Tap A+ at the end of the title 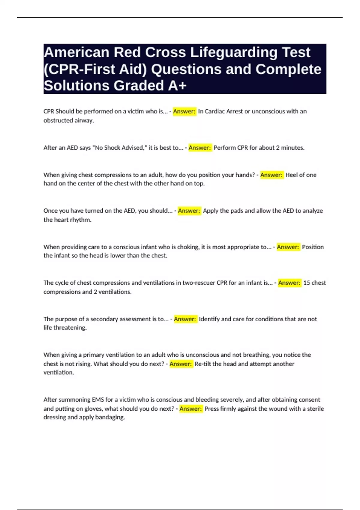(177, 86)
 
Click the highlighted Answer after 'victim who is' (184, 111)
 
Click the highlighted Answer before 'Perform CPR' (200, 148)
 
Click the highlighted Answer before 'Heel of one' (271, 175)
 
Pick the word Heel (291, 175)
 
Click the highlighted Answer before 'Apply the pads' (189, 211)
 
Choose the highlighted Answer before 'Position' (288, 247)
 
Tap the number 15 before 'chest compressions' (307, 283)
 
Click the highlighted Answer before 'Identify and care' (185, 319)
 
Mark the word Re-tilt (203, 364)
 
